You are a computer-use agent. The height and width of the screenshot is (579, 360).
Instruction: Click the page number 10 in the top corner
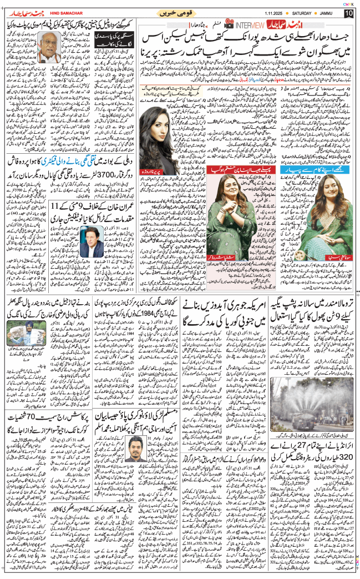[348, 13]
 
